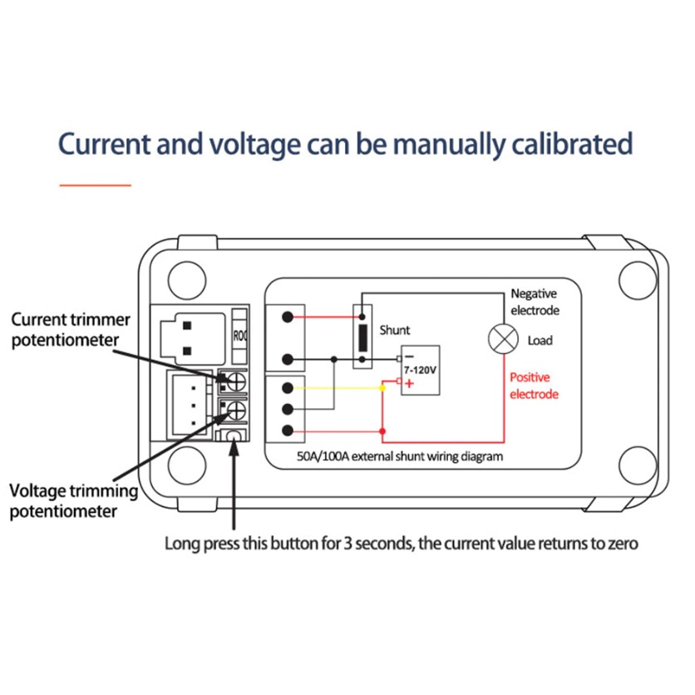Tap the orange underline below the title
(x=96, y=184)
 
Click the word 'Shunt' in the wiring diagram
(x=395, y=330)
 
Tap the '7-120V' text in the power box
(x=419, y=367)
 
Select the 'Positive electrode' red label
(x=533, y=386)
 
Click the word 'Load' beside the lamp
(x=540, y=341)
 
